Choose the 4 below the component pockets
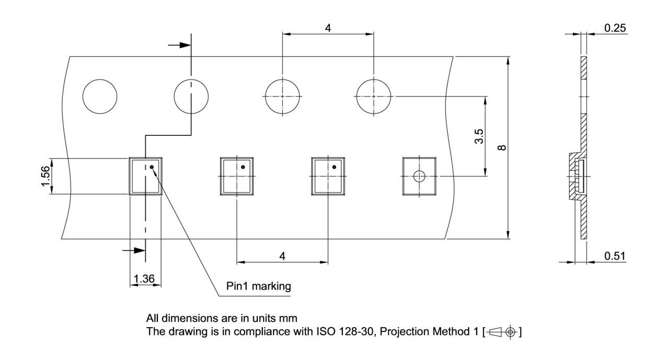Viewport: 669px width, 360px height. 282,256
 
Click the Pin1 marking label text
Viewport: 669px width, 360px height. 258,286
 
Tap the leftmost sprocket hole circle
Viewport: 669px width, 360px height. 100,97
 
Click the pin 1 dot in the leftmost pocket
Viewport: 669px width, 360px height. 152,167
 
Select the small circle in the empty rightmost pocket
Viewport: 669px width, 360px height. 419,176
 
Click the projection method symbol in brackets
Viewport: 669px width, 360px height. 502,331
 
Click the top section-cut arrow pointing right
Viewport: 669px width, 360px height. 179,45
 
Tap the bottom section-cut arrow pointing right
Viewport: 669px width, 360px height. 133,250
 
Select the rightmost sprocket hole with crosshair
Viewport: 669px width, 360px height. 373,97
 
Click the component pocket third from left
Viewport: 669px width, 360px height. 328,176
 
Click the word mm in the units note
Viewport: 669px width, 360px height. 291,318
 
